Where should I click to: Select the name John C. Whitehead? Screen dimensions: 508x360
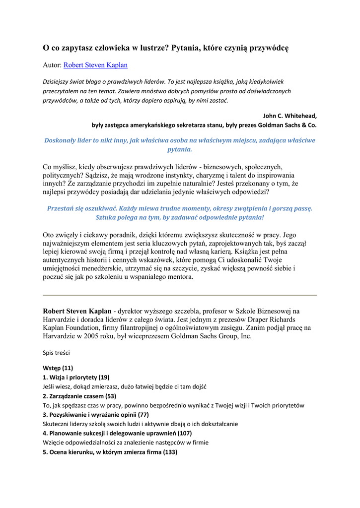coord(290,116)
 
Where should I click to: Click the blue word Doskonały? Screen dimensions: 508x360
coord(63,140)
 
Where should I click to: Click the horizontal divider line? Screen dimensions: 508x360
coord(180,295)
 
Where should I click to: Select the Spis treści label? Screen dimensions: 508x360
coord(56,353)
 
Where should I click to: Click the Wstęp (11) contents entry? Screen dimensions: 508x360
coord(58,368)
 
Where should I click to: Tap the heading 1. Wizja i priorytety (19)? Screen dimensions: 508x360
coord(76,377)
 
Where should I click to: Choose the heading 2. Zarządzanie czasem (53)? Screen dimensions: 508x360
coord(79,396)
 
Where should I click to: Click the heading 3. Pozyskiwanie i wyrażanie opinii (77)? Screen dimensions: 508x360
coord(96,414)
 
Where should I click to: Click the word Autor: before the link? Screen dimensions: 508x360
coord(52,64)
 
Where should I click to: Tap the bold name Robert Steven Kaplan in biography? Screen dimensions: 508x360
coord(77,311)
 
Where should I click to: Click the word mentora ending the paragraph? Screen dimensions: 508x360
coord(179,277)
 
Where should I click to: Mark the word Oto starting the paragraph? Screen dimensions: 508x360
coord(49,235)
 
